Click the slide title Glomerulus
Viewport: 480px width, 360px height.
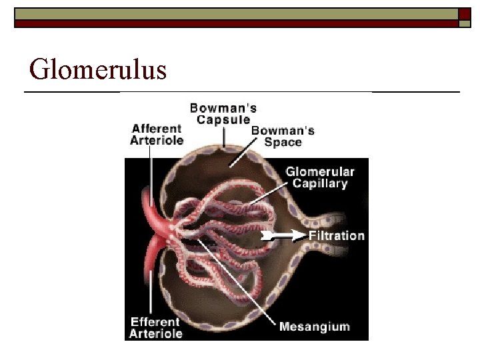click(x=98, y=69)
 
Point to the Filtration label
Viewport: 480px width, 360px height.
click(x=337, y=235)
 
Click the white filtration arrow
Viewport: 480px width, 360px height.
click(x=283, y=235)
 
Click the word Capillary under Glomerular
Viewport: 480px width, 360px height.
click(x=317, y=183)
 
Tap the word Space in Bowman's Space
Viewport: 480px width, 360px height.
click(x=283, y=142)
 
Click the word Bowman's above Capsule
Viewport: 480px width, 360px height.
click(x=223, y=107)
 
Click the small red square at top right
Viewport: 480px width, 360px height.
click(x=464, y=14)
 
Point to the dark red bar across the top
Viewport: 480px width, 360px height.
click(x=233, y=23)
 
